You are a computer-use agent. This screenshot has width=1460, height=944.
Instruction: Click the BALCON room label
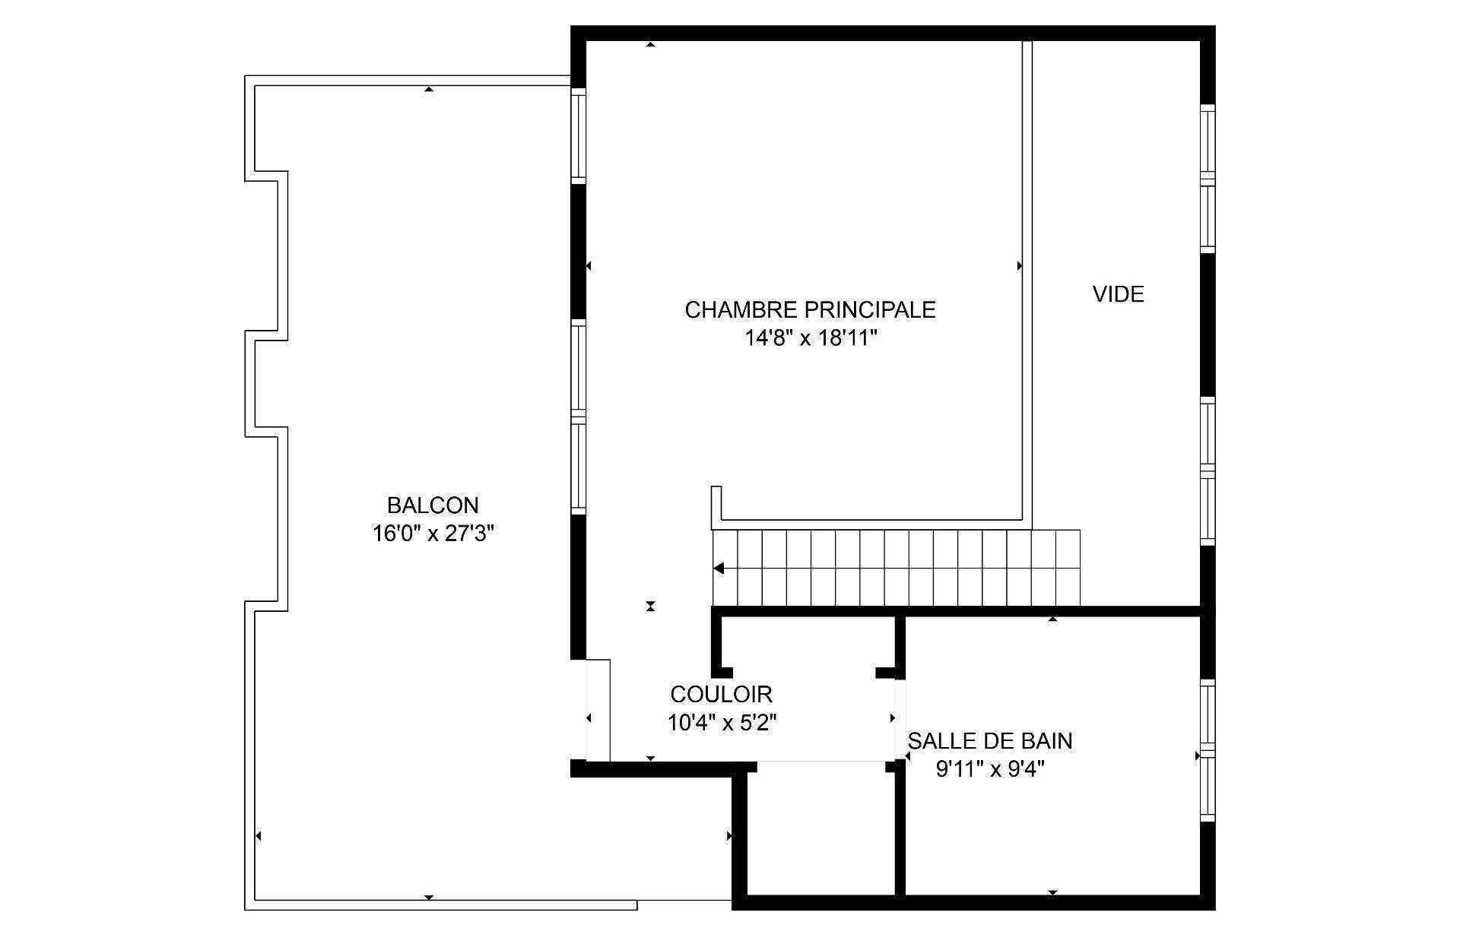point(433,505)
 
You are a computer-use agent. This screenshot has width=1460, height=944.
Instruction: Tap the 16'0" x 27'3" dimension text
point(433,534)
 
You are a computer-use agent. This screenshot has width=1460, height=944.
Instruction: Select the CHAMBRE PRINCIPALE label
point(810,310)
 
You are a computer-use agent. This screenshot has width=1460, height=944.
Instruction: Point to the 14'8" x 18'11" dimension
point(811,339)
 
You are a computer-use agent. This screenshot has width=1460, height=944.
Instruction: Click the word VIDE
point(1118,295)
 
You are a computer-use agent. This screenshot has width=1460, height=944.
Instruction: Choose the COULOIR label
point(721,694)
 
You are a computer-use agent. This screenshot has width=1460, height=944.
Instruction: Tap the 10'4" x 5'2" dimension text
point(721,723)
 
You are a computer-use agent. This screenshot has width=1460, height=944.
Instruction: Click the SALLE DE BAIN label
point(989,741)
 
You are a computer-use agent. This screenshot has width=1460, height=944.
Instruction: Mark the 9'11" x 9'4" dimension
point(989,770)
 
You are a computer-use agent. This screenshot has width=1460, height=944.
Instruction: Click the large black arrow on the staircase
point(719,569)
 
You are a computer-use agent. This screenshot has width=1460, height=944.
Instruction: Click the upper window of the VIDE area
point(1207,179)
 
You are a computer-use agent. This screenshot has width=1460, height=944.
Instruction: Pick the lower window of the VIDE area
point(1207,470)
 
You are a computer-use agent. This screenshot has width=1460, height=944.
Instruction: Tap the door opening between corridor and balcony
point(598,710)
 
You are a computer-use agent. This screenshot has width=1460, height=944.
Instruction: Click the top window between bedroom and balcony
point(579,135)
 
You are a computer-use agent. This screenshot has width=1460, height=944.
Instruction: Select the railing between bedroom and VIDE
point(1027,281)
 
